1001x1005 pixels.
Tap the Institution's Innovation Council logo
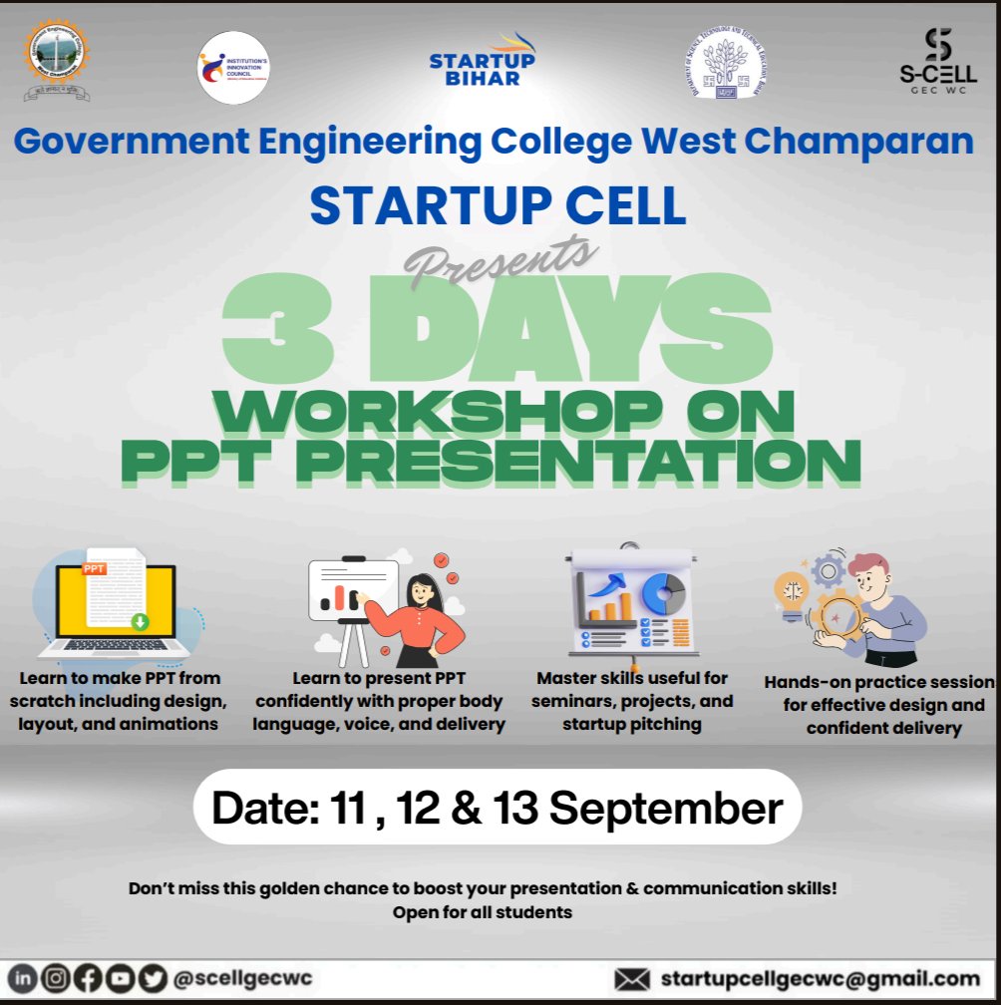(233, 67)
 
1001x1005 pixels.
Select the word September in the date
(666, 808)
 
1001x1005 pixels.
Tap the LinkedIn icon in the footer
(23, 979)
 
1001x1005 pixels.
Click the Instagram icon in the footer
(56, 979)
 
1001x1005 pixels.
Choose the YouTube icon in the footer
(120, 979)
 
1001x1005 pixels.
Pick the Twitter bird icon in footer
(152, 979)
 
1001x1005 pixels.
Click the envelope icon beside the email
(632, 979)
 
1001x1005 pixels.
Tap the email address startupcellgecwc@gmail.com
(820, 978)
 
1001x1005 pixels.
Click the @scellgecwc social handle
(242, 978)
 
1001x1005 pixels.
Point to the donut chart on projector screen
(661, 593)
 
